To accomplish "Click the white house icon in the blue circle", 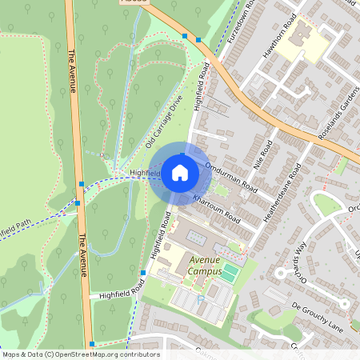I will pyautogui.click(x=180, y=173).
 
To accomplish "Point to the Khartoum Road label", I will pyautogui.click(x=216, y=207).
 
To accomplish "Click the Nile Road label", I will pyautogui.click(x=262, y=153).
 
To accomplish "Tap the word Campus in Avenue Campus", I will pyautogui.click(x=204, y=271).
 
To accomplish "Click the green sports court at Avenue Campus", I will pyautogui.click(x=230, y=273).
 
